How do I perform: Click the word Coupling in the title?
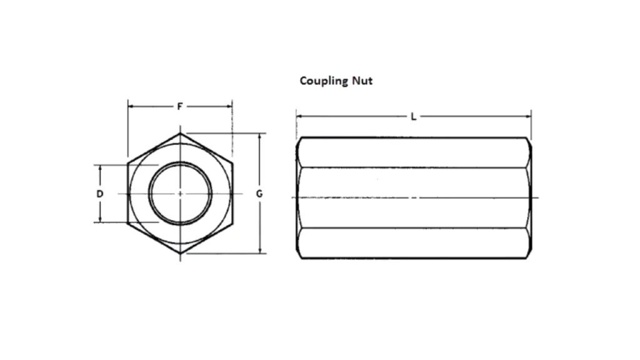322,81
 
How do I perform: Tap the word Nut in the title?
362,80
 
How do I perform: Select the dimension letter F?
180,106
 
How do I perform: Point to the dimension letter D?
99,194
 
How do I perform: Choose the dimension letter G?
259,194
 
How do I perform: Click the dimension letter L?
413,116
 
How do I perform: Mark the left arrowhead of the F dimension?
131,106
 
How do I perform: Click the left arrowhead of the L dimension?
299,116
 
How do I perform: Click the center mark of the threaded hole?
180,194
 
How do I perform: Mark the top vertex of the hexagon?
180,132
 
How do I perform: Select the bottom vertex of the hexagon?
180,254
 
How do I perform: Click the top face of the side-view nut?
414,152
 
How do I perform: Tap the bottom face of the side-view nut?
414,243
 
